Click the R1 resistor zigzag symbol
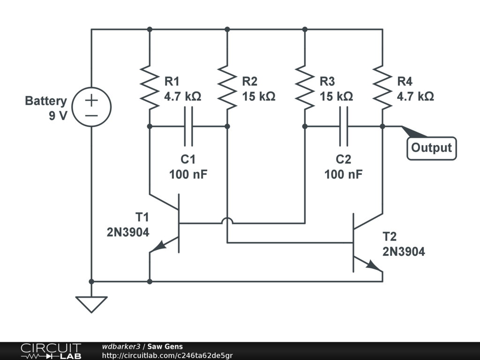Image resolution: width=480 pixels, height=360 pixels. pyautogui.click(x=150, y=87)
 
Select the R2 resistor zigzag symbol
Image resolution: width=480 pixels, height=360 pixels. pyautogui.click(x=227, y=87)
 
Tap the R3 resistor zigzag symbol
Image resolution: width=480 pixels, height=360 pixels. pyautogui.click(x=305, y=87)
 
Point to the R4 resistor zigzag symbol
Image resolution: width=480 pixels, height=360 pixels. pyautogui.click(x=382, y=87)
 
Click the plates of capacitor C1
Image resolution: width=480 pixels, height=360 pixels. pyautogui.click(x=188, y=126)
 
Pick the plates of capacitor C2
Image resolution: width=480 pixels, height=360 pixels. pyautogui.click(x=344, y=126)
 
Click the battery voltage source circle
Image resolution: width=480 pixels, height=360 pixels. pyautogui.click(x=91, y=107)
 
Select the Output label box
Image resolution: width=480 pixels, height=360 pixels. pyautogui.click(x=432, y=148)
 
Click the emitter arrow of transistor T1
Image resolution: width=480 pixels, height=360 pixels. pyautogui.click(x=159, y=246)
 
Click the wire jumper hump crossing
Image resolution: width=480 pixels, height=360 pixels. pyautogui.click(x=227, y=220)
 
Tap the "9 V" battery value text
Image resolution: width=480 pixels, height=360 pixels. pyautogui.click(x=58, y=116)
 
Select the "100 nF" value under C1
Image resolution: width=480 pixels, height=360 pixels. pyautogui.click(x=188, y=174)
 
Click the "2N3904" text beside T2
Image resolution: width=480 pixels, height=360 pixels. pyautogui.click(x=404, y=252)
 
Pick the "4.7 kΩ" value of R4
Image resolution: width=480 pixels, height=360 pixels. pyautogui.click(x=415, y=97)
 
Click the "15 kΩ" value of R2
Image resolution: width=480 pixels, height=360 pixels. pyautogui.click(x=259, y=97)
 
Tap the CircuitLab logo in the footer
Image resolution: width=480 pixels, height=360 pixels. pyautogui.click(x=51, y=351)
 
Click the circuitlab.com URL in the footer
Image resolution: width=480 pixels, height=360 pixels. pyautogui.click(x=167, y=356)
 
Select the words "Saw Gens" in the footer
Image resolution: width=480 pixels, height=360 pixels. pyautogui.click(x=165, y=346)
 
